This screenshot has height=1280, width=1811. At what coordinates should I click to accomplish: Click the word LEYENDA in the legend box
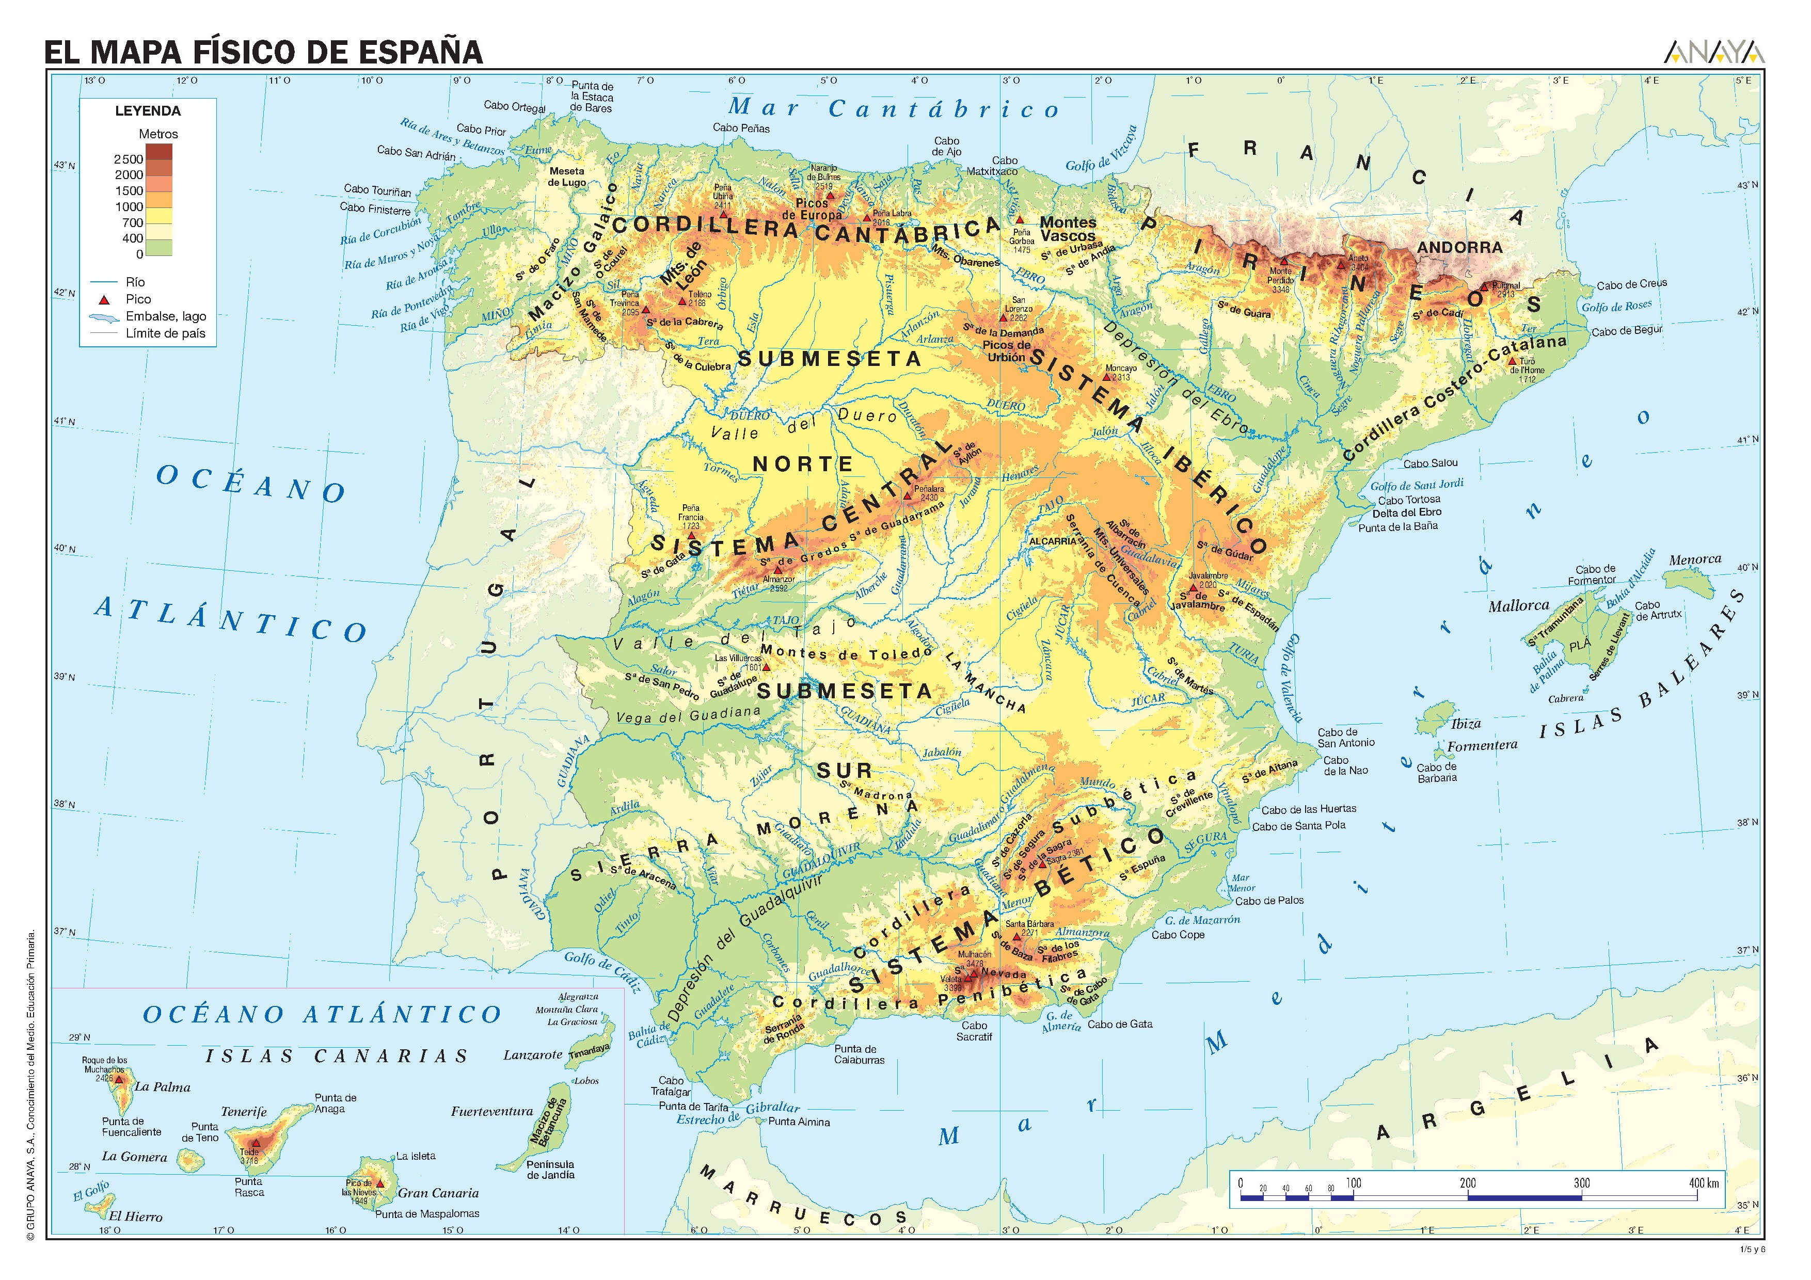click(x=148, y=111)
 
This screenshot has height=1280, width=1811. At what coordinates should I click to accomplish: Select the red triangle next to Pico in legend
click(x=103, y=300)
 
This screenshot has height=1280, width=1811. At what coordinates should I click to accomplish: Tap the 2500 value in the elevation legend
click(x=128, y=159)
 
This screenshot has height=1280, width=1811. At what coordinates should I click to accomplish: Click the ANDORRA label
click(x=1459, y=247)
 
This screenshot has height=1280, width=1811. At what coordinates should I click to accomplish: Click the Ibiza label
click(x=1466, y=723)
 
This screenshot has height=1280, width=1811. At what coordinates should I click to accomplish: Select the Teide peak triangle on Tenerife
click(x=256, y=1142)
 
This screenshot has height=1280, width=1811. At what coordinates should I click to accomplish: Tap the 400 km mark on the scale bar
click(x=1704, y=1183)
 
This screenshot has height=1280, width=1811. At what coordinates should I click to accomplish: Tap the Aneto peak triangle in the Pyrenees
click(x=1339, y=265)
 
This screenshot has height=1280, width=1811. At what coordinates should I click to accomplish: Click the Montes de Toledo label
click(x=847, y=654)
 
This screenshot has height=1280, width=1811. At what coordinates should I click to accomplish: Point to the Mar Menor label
click(x=1241, y=883)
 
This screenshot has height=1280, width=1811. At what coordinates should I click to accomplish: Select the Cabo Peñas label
click(x=741, y=128)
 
